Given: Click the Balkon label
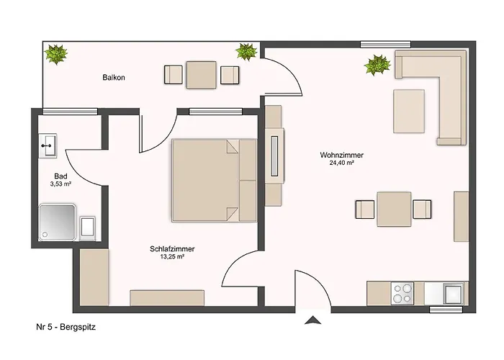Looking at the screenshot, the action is (114, 78).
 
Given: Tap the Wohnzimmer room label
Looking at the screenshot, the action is (341, 155).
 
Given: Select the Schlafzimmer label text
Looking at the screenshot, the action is (172, 249).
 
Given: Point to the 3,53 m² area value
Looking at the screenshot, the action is (60, 184).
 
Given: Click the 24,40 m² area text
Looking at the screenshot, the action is (341, 163).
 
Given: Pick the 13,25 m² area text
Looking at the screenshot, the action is (172, 257).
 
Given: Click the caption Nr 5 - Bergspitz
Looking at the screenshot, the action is (66, 327).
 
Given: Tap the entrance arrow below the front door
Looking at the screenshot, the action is (312, 320).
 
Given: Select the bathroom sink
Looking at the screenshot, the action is (48, 146).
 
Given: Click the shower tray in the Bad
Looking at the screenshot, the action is (57, 222).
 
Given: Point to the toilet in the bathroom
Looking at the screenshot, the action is (87, 228).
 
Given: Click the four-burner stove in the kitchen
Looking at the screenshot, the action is (402, 294).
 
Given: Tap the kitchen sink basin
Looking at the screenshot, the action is (453, 294).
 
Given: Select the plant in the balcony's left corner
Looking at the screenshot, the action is (56, 54).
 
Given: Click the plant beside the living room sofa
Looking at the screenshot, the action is (377, 65).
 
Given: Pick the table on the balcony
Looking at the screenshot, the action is (201, 75).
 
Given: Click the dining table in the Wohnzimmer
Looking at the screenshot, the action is (394, 209).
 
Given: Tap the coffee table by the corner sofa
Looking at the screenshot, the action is (409, 111).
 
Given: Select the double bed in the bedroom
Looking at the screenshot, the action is (214, 180).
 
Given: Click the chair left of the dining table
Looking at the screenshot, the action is (365, 210).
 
